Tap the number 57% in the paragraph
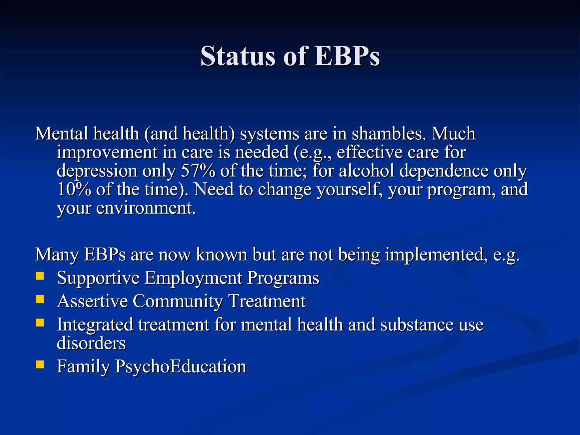tap(198, 171)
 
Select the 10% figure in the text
tap(74, 189)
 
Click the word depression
tap(97, 171)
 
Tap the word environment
tap(146, 208)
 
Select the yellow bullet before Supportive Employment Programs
tap(40, 276)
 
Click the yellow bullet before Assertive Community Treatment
tap(40, 299)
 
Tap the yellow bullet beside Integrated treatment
tap(40, 323)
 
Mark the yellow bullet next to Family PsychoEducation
tap(40, 364)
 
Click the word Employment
tap(193, 278)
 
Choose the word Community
tap(178, 301)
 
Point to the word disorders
tap(91, 343)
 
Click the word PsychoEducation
tap(181, 367)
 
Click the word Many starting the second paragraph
tap(57, 255)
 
